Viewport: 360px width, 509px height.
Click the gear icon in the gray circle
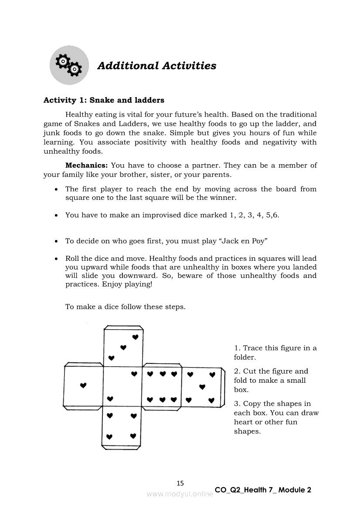[x=69, y=65]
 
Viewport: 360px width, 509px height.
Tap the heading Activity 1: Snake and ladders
[x=104, y=100]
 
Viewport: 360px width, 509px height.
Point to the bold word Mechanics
[x=86, y=165]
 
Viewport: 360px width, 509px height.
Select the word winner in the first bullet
[x=223, y=198]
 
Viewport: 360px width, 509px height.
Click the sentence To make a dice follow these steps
[x=126, y=307]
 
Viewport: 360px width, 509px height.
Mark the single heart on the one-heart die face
[x=84, y=385]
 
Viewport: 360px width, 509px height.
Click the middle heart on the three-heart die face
[x=123, y=347]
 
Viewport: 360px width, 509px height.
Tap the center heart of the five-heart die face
[x=202, y=387]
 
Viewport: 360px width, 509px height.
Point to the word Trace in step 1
[x=253, y=348]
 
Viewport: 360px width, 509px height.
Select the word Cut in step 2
[x=250, y=371]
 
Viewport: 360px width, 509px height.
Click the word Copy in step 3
[x=252, y=404]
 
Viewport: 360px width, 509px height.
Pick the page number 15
[x=180, y=483]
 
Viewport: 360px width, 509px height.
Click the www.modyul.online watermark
[x=180, y=494]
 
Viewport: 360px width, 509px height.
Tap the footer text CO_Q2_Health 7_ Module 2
[x=263, y=490]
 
